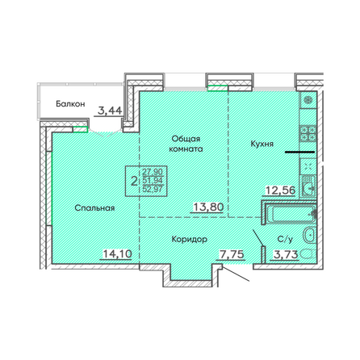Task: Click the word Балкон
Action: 70,104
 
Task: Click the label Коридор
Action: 190,239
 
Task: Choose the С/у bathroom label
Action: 285,239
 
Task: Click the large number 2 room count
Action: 134,179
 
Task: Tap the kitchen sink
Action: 308,186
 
